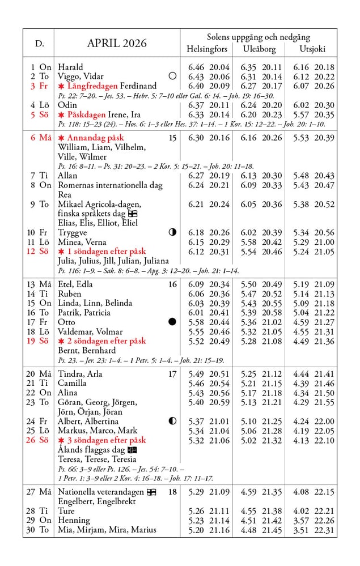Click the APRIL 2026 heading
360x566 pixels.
click(116, 44)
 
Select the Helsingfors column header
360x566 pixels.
click(207, 49)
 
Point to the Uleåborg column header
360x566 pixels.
click(259, 49)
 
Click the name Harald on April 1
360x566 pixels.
click(70, 67)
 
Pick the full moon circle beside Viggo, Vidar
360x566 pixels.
click(172, 76)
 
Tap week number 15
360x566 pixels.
click(172, 138)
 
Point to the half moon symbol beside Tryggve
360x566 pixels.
click(172, 232)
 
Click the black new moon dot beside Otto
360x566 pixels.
click(172, 322)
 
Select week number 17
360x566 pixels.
click(172, 374)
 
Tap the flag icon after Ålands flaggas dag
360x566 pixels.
click(132, 450)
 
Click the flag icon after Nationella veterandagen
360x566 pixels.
click(151, 492)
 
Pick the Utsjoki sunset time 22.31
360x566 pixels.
click(324, 530)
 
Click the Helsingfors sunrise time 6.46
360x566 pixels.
click(196, 67)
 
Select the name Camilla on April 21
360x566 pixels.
click(72, 384)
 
